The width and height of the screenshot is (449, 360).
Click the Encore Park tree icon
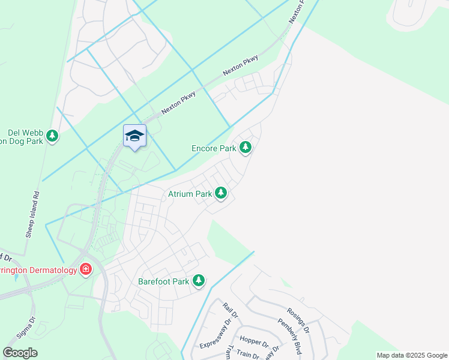click(x=245, y=147)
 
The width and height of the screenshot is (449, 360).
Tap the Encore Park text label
click(x=214, y=148)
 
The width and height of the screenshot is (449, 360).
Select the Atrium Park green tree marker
click(x=221, y=193)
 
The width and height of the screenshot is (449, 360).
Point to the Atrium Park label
click(x=190, y=194)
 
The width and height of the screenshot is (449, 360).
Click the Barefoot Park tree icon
click(x=199, y=280)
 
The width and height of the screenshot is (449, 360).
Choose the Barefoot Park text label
click(x=164, y=281)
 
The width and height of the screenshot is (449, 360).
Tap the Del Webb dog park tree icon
click(x=53, y=136)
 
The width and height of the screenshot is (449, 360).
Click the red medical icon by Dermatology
click(x=86, y=269)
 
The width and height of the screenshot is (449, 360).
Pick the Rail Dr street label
click(x=231, y=310)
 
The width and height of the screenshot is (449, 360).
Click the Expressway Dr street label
click(x=215, y=333)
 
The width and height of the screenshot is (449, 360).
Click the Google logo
click(x=20, y=353)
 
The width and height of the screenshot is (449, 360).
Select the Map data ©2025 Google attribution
click(x=411, y=355)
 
